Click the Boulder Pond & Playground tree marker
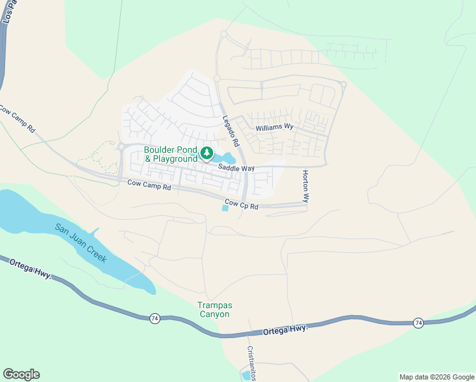[x=207, y=153]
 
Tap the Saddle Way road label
[x=236, y=168]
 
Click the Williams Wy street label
[x=274, y=127]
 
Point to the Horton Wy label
[x=305, y=186]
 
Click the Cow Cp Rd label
[x=241, y=206]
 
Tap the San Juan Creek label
[x=80, y=244]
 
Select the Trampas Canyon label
[x=213, y=309]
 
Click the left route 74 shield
[x=155, y=318]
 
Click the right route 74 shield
[x=418, y=323]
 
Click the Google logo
[x=21, y=374]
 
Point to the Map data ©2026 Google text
[x=436, y=377]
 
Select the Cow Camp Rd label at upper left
[x=18, y=118]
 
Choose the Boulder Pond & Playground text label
[x=171, y=154]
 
